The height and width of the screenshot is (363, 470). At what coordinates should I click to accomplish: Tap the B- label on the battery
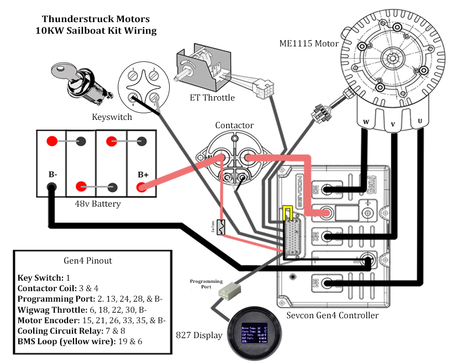52,175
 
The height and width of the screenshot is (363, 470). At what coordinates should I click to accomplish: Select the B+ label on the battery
143,175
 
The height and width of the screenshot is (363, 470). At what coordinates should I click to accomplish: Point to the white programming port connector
228,291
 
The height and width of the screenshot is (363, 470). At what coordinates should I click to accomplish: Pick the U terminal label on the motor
421,122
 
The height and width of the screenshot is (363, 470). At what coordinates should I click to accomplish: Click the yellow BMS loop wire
288,213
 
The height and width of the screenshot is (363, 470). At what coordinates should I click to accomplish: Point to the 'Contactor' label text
234,125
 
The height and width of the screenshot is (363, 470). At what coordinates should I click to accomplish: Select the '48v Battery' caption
98,204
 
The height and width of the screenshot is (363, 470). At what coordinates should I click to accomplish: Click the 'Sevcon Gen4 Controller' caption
332,315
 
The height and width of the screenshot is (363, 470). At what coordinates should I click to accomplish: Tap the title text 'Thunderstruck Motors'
96,19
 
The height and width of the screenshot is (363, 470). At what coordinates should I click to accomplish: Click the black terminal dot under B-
51,187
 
